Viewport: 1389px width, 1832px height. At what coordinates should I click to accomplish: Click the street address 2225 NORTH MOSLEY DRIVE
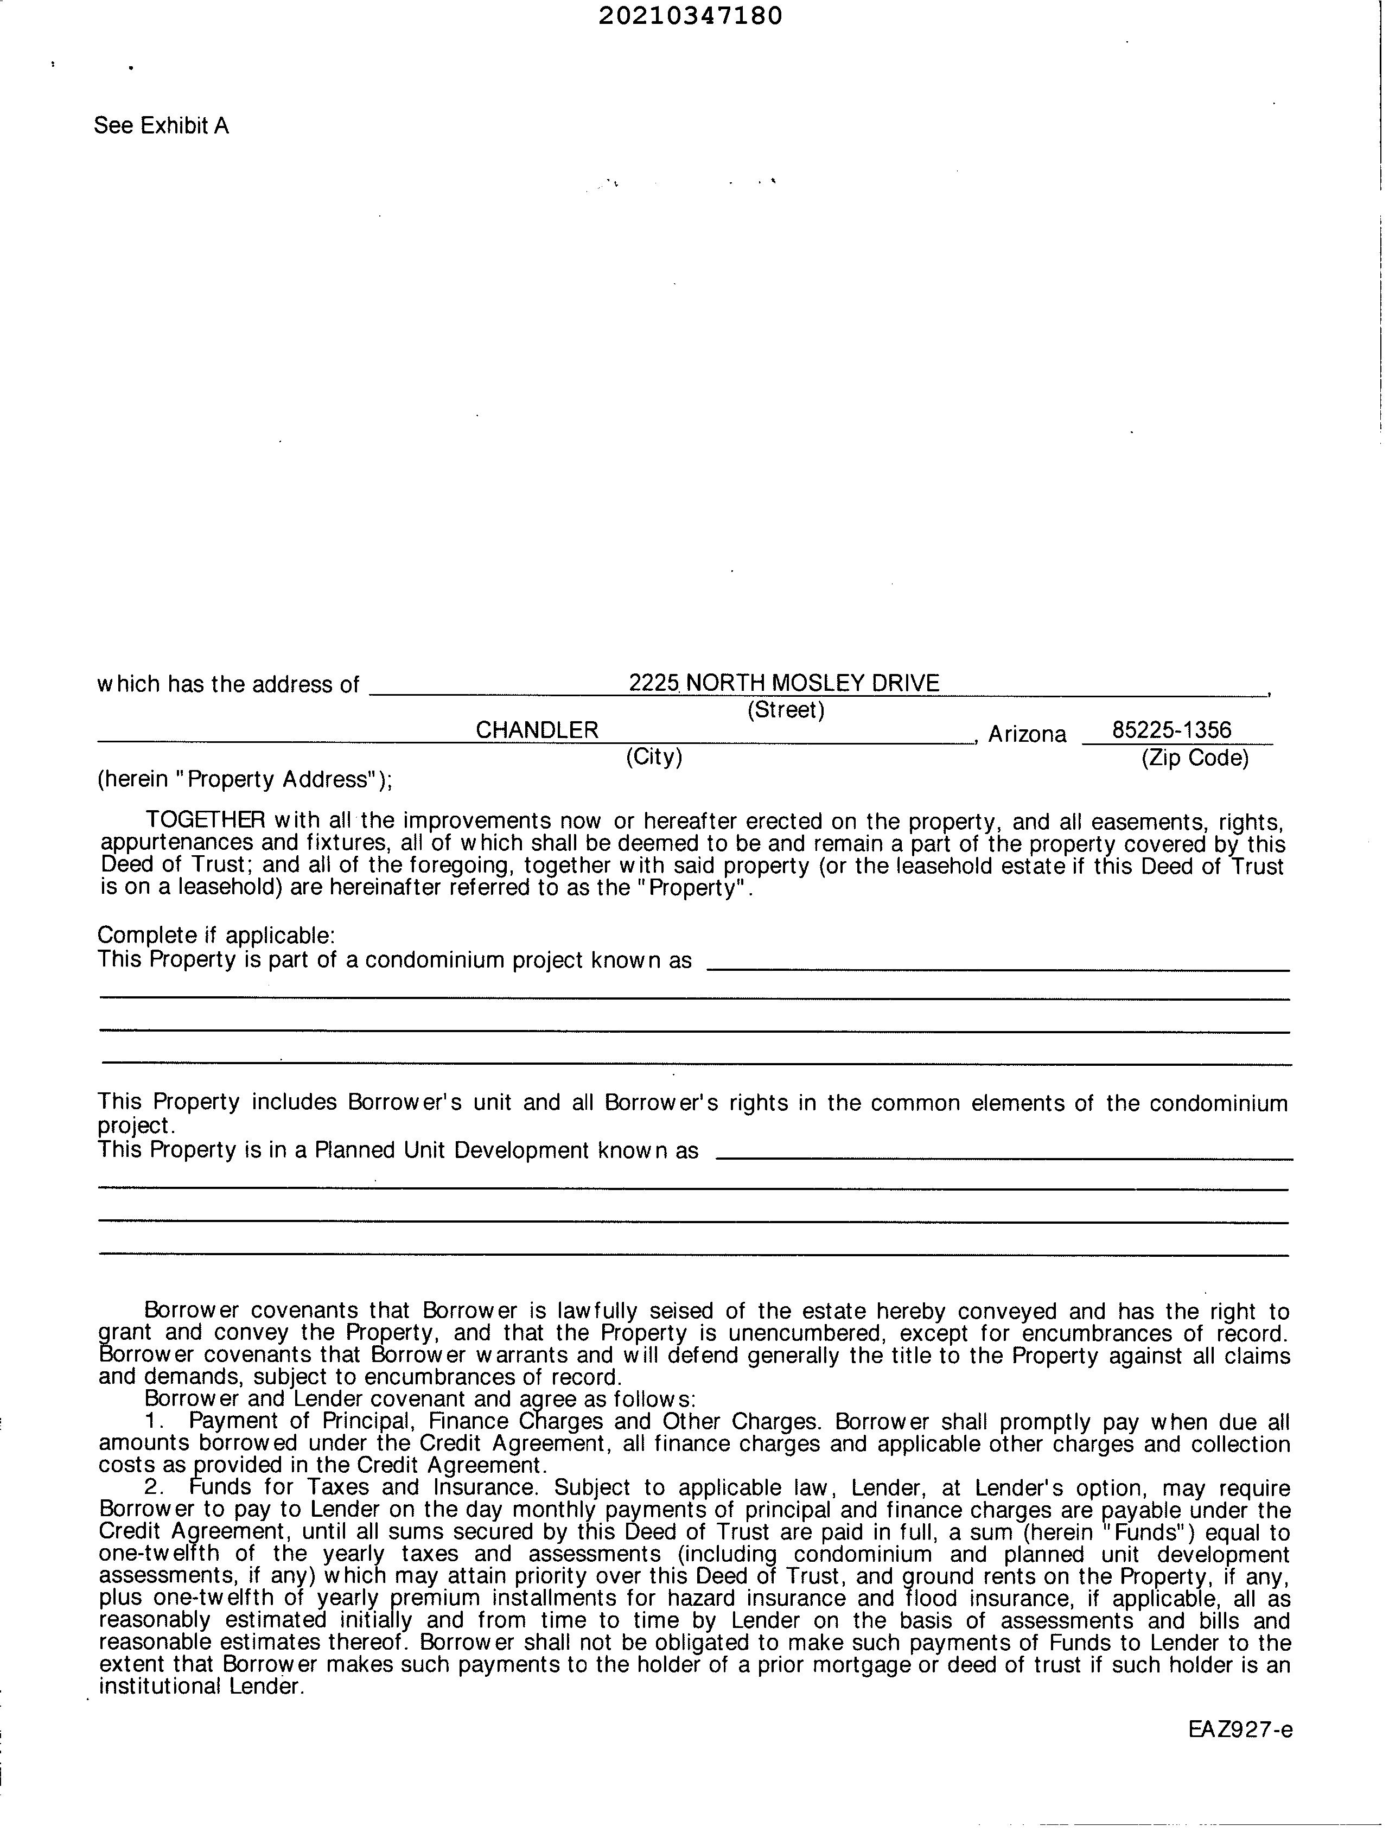(783, 683)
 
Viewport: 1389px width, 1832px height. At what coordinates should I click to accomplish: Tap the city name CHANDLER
(537, 730)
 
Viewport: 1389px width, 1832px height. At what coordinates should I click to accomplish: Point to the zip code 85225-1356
(1171, 730)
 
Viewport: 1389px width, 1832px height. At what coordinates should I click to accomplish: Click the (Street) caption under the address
(785, 710)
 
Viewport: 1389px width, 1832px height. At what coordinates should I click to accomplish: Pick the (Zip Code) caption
(1194, 758)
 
